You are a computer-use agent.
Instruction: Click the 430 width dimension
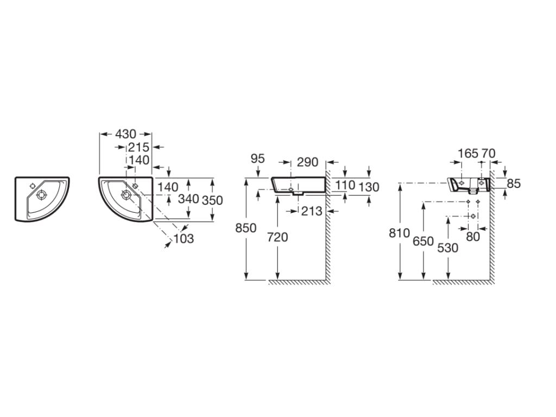125,134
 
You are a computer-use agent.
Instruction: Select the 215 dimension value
138,147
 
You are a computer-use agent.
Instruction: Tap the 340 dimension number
188,199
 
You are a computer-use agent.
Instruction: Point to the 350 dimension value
212,200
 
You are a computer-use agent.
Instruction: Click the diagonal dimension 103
184,239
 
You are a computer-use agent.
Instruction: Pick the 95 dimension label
257,159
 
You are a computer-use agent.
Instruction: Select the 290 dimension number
307,162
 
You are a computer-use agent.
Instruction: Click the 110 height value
345,185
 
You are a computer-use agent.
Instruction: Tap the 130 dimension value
369,187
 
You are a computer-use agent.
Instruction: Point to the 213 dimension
312,211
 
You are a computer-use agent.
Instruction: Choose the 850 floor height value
246,228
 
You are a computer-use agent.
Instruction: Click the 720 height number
277,237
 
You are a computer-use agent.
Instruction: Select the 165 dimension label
468,154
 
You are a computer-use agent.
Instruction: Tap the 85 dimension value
514,184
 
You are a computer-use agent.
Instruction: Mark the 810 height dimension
399,233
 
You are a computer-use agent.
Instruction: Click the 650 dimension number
424,242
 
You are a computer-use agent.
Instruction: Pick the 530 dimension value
448,248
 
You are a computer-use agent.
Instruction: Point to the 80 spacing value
473,237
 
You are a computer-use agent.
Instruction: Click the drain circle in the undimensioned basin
41,195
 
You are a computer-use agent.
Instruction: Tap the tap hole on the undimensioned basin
33,186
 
